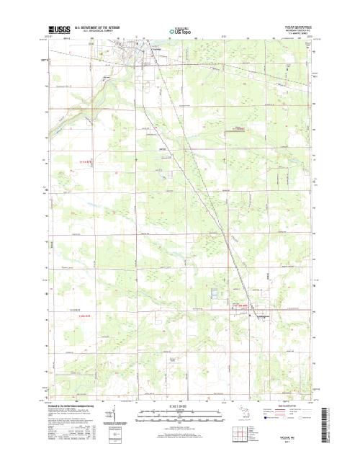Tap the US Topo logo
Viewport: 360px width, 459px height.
point(180,31)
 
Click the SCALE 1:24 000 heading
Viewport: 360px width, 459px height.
point(180,406)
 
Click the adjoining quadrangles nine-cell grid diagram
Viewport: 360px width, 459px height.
point(258,432)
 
